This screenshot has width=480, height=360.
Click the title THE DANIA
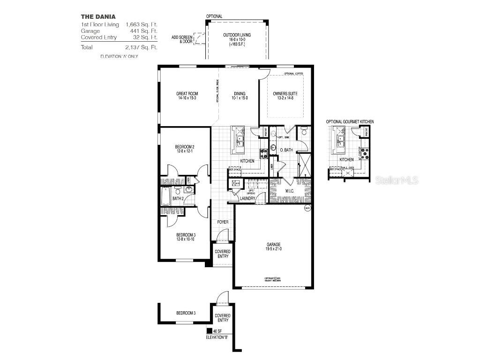(98, 16)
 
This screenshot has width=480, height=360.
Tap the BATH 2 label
(177, 198)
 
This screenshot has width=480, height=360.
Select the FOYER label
(222, 222)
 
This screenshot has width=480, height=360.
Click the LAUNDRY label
(247, 198)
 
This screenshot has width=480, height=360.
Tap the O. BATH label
(286, 150)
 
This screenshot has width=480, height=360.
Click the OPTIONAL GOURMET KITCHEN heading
(350, 121)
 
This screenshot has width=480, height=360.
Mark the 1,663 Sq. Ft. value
(141, 24)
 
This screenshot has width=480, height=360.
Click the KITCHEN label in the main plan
(247, 161)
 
